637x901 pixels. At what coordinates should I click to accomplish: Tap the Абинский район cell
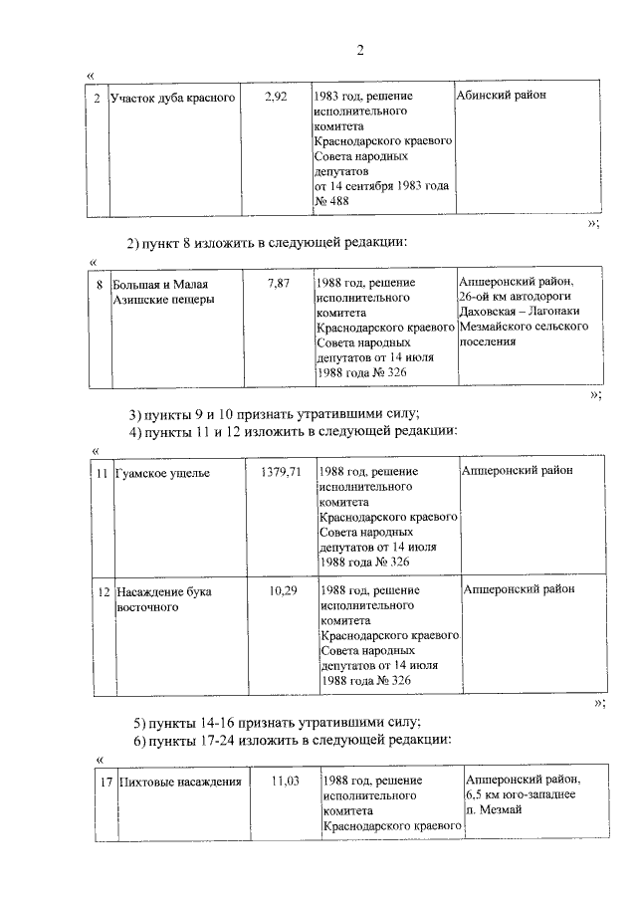click(x=503, y=96)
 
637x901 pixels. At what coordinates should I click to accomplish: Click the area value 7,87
click(x=279, y=284)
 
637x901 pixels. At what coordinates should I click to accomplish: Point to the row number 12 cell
click(x=103, y=591)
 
